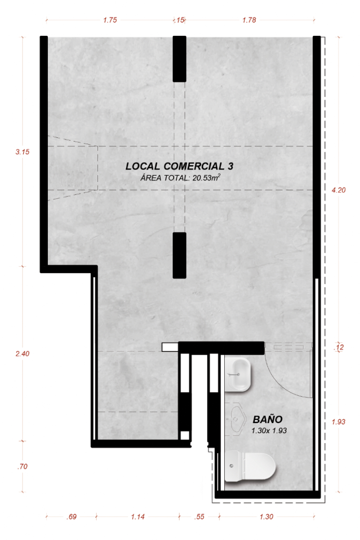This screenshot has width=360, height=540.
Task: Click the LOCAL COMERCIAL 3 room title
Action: click(179, 166)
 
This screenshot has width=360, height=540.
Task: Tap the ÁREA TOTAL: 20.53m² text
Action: click(180, 178)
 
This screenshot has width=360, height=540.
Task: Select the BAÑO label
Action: click(268, 419)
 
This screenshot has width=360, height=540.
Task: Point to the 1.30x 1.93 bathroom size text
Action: click(269, 431)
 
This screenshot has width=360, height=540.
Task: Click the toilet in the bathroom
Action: click(250, 466)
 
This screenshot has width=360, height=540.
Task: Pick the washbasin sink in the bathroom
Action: click(238, 374)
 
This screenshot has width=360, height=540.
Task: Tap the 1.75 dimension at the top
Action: click(110, 20)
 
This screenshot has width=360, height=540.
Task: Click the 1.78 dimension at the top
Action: click(249, 20)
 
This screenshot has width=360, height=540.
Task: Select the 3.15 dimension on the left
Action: click(23, 152)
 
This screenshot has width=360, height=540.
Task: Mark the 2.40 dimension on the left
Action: click(23, 354)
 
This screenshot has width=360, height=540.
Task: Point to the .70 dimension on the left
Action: click(23, 467)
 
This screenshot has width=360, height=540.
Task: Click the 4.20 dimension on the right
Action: click(338, 190)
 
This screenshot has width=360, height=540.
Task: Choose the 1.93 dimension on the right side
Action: click(338, 422)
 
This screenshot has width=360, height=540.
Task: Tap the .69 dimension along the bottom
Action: click(71, 517)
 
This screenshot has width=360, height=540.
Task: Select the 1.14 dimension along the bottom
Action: click(138, 517)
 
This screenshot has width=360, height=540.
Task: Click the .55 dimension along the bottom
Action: click(199, 517)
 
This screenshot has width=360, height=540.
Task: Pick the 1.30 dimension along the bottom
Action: click(266, 517)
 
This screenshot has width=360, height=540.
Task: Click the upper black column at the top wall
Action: click(179, 59)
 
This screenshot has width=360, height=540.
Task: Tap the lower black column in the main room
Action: click(179, 255)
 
